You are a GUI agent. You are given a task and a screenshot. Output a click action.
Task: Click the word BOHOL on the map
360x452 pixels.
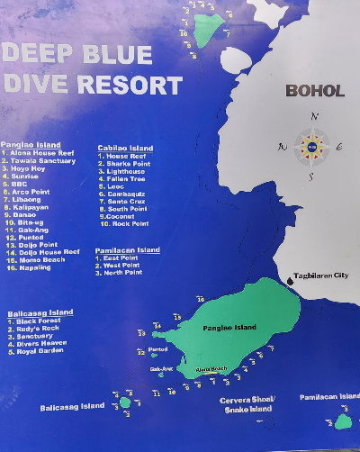point(314,91)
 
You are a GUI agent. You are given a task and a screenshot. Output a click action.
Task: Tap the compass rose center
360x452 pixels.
point(311,147)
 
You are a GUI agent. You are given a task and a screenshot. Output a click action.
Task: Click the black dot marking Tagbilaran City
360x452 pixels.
point(291,281)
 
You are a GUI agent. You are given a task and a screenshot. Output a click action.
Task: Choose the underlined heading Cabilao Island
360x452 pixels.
point(125,149)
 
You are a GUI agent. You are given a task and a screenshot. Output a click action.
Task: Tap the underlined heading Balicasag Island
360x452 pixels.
point(40,312)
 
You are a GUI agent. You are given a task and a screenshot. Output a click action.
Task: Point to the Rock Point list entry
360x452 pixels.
point(128,223)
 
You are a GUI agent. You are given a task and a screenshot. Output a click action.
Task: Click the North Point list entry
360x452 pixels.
point(121,273)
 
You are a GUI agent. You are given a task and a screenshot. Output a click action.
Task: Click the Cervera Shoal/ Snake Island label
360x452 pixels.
point(246,404)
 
